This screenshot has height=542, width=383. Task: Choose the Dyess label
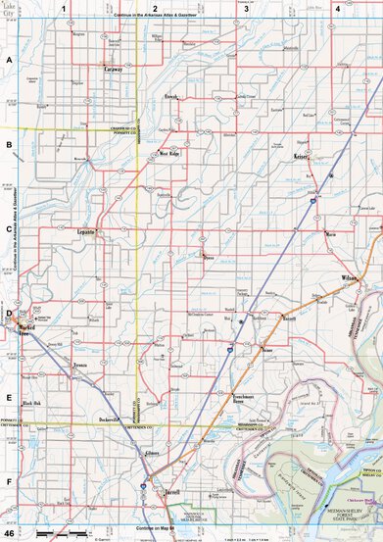click(x=207, y=260)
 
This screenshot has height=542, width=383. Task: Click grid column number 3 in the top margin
click(x=246, y=9)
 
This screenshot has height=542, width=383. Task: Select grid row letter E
click(x=9, y=398)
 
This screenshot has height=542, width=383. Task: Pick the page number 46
click(x=9, y=535)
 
